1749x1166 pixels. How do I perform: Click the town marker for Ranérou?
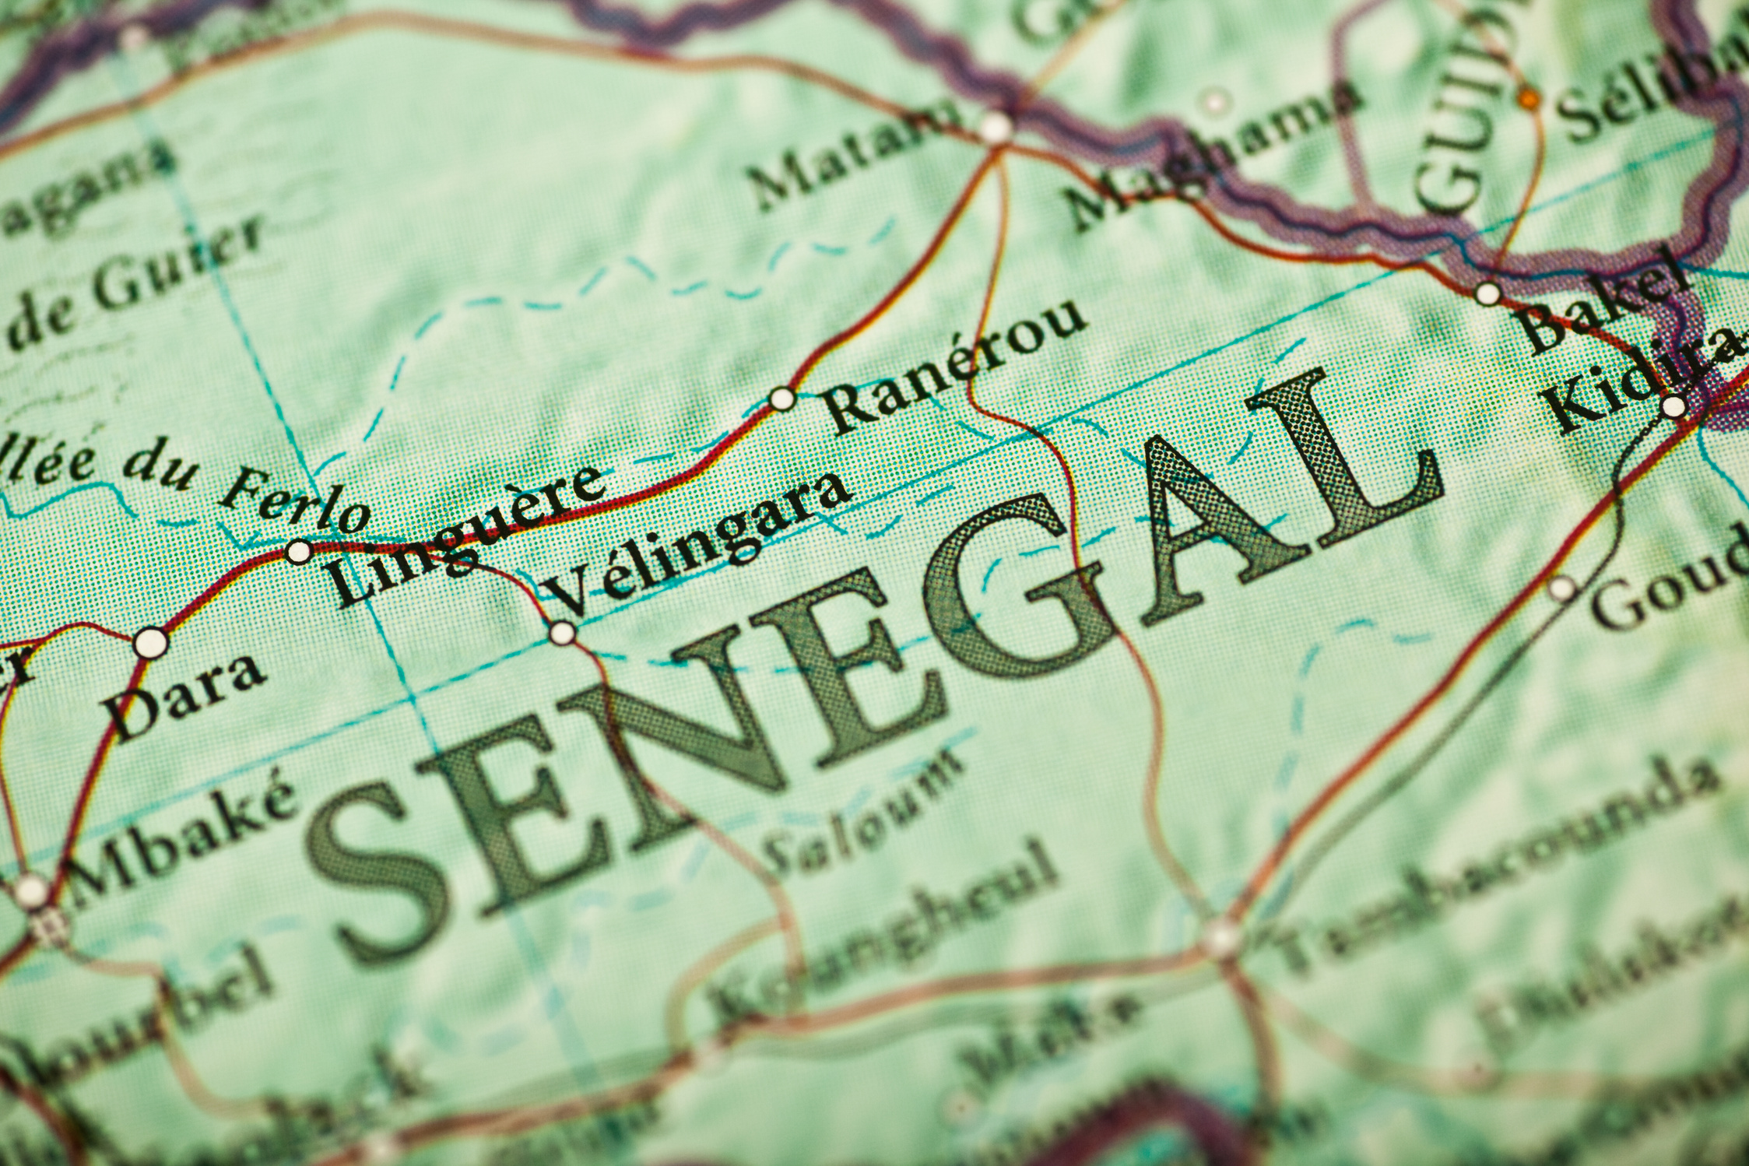(782, 399)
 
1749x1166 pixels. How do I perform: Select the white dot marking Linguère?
(299, 552)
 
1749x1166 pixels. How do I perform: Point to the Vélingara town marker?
(563, 633)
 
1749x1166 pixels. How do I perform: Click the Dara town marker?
(151, 644)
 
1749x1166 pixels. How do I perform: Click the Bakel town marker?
(1487, 294)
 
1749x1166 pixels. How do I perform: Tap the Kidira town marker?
(1673, 406)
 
